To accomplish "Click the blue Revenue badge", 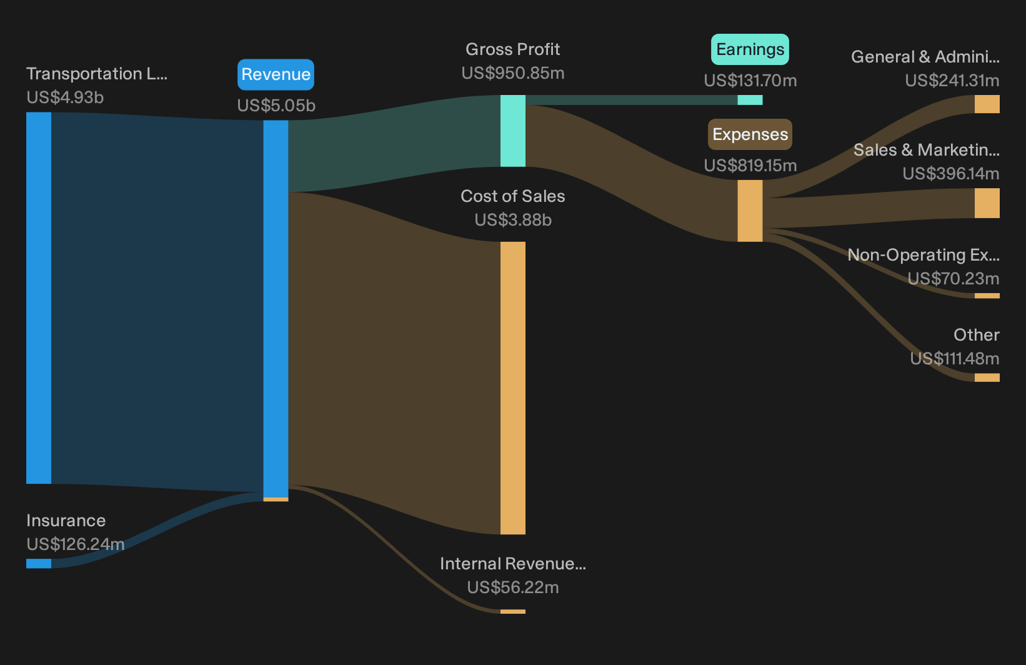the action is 276,74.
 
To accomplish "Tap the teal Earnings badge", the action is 750,49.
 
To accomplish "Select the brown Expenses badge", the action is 750,134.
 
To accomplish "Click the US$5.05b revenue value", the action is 276,106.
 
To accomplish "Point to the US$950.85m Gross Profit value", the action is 512,73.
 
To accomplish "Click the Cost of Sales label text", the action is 512,196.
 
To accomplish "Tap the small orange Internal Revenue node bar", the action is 512,611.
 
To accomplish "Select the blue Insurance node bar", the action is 39,563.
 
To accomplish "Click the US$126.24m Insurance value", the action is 76,544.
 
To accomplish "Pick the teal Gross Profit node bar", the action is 512,131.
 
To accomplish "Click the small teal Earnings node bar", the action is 750,100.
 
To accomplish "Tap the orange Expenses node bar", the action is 750,211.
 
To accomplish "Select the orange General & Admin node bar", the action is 987,104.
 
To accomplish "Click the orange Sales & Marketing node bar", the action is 987,203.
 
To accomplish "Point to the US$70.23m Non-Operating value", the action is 953,278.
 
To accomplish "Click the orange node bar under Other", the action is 987,377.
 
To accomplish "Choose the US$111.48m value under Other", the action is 955,358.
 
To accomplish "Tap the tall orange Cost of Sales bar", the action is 512,388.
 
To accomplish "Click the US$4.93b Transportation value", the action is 65,97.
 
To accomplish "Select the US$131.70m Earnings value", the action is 750,81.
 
